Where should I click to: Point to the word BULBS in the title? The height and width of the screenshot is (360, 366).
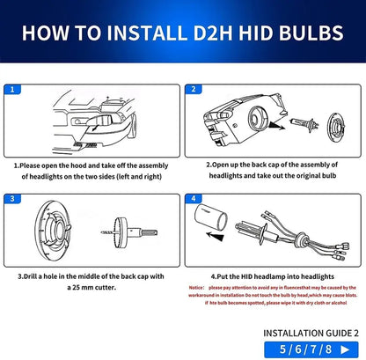304,33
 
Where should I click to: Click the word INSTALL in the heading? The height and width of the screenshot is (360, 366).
133,33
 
